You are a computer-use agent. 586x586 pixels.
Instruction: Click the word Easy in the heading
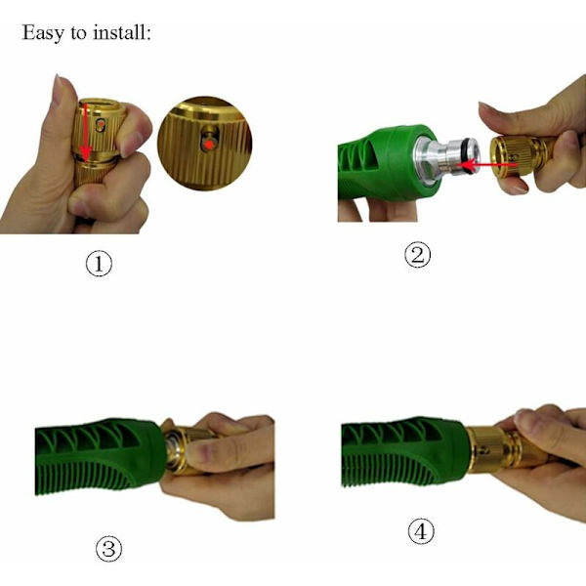point(43,33)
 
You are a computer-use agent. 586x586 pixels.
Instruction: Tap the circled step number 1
point(99,264)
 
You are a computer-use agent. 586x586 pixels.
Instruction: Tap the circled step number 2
point(417,255)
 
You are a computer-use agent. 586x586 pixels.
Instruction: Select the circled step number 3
point(108,549)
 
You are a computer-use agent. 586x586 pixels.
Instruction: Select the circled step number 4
point(421,531)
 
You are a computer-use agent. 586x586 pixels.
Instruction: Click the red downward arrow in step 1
point(86,133)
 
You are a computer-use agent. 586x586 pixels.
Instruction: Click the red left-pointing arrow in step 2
point(487,164)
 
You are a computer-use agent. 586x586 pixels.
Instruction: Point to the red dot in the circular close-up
point(210,145)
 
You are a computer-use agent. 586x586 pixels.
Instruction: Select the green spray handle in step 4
point(404,452)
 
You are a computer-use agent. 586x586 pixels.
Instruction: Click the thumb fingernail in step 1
point(58,90)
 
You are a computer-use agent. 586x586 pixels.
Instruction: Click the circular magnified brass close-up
point(205,144)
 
